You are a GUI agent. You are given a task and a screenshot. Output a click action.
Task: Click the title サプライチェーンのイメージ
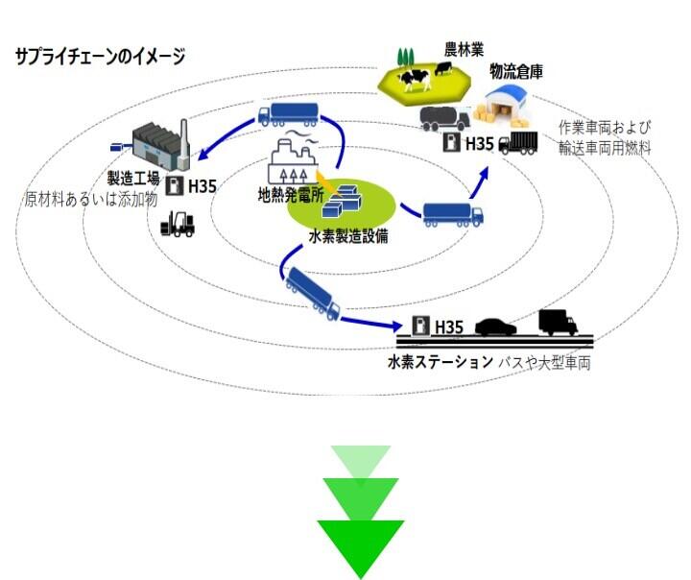tap(99, 57)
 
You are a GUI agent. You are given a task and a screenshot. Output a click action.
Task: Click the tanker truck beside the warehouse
tap(444, 119)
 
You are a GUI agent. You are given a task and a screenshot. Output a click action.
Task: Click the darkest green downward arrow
tap(361, 547)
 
